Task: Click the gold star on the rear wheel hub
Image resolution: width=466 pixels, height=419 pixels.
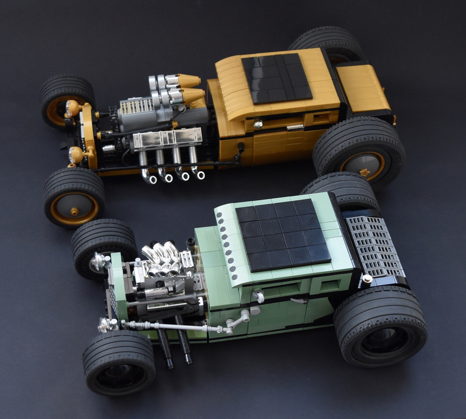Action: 364,173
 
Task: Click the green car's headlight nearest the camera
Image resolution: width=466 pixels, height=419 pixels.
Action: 106,324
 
